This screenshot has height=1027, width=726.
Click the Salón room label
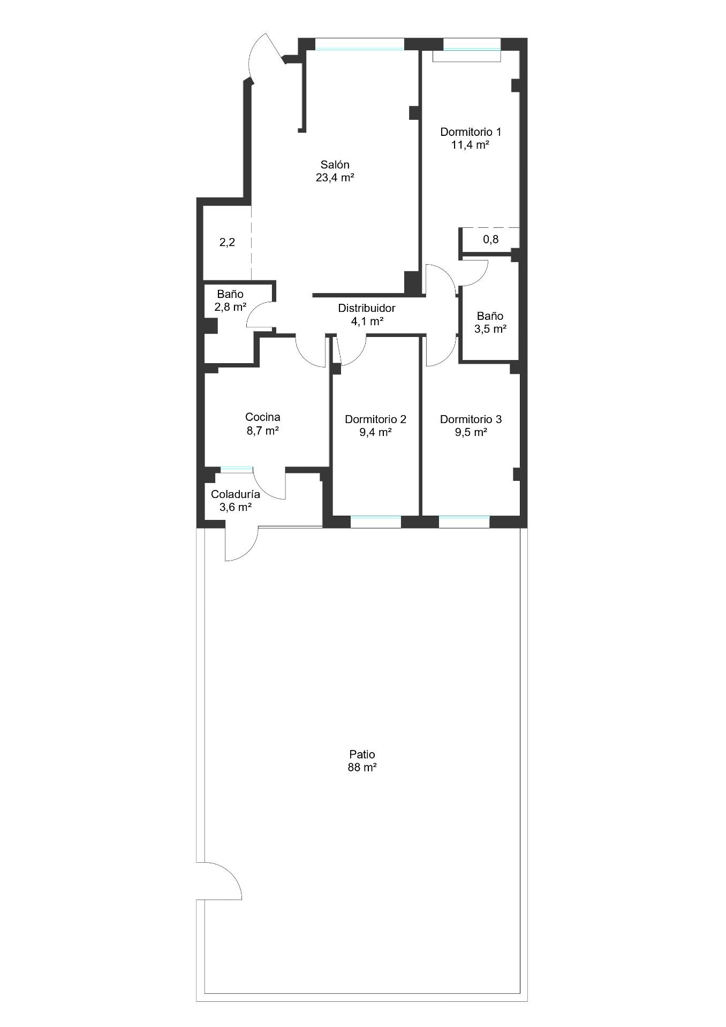(x=335, y=164)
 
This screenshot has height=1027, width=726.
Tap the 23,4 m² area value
(x=335, y=178)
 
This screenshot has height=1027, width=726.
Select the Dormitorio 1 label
(x=471, y=132)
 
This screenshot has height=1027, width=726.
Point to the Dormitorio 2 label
(x=375, y=419)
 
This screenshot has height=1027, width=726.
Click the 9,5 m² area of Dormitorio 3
(x=471, y=432)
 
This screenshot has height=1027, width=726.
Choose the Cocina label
(x=262, y=417)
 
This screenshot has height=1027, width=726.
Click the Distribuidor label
(x=367, y=308)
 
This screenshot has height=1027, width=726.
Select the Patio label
(x=362, y=754)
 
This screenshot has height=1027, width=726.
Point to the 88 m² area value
(x=362, y=768)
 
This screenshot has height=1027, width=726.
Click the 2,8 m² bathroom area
(x=230, y=307)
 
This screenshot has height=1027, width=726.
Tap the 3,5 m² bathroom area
(x=490, y=329)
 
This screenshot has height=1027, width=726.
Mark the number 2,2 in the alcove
(x=228, y=242)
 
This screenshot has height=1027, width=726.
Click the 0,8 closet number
(x=491, y=239)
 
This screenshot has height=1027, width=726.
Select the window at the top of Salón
(x=359, y=44)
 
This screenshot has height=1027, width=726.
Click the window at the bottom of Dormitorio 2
(x=376, y=522)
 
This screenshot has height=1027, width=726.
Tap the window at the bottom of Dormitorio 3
(x=464, y=522)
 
